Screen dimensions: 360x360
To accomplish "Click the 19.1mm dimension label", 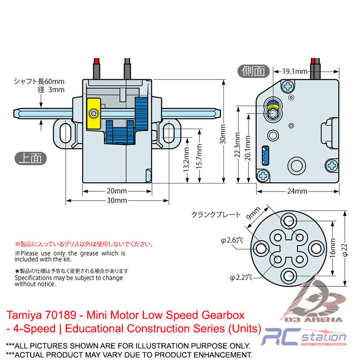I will pos(295,71).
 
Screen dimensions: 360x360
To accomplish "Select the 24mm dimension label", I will pos(297,191).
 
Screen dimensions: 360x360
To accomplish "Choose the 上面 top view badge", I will pos(31,158).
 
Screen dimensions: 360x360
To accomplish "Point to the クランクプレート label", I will pos(216,215).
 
